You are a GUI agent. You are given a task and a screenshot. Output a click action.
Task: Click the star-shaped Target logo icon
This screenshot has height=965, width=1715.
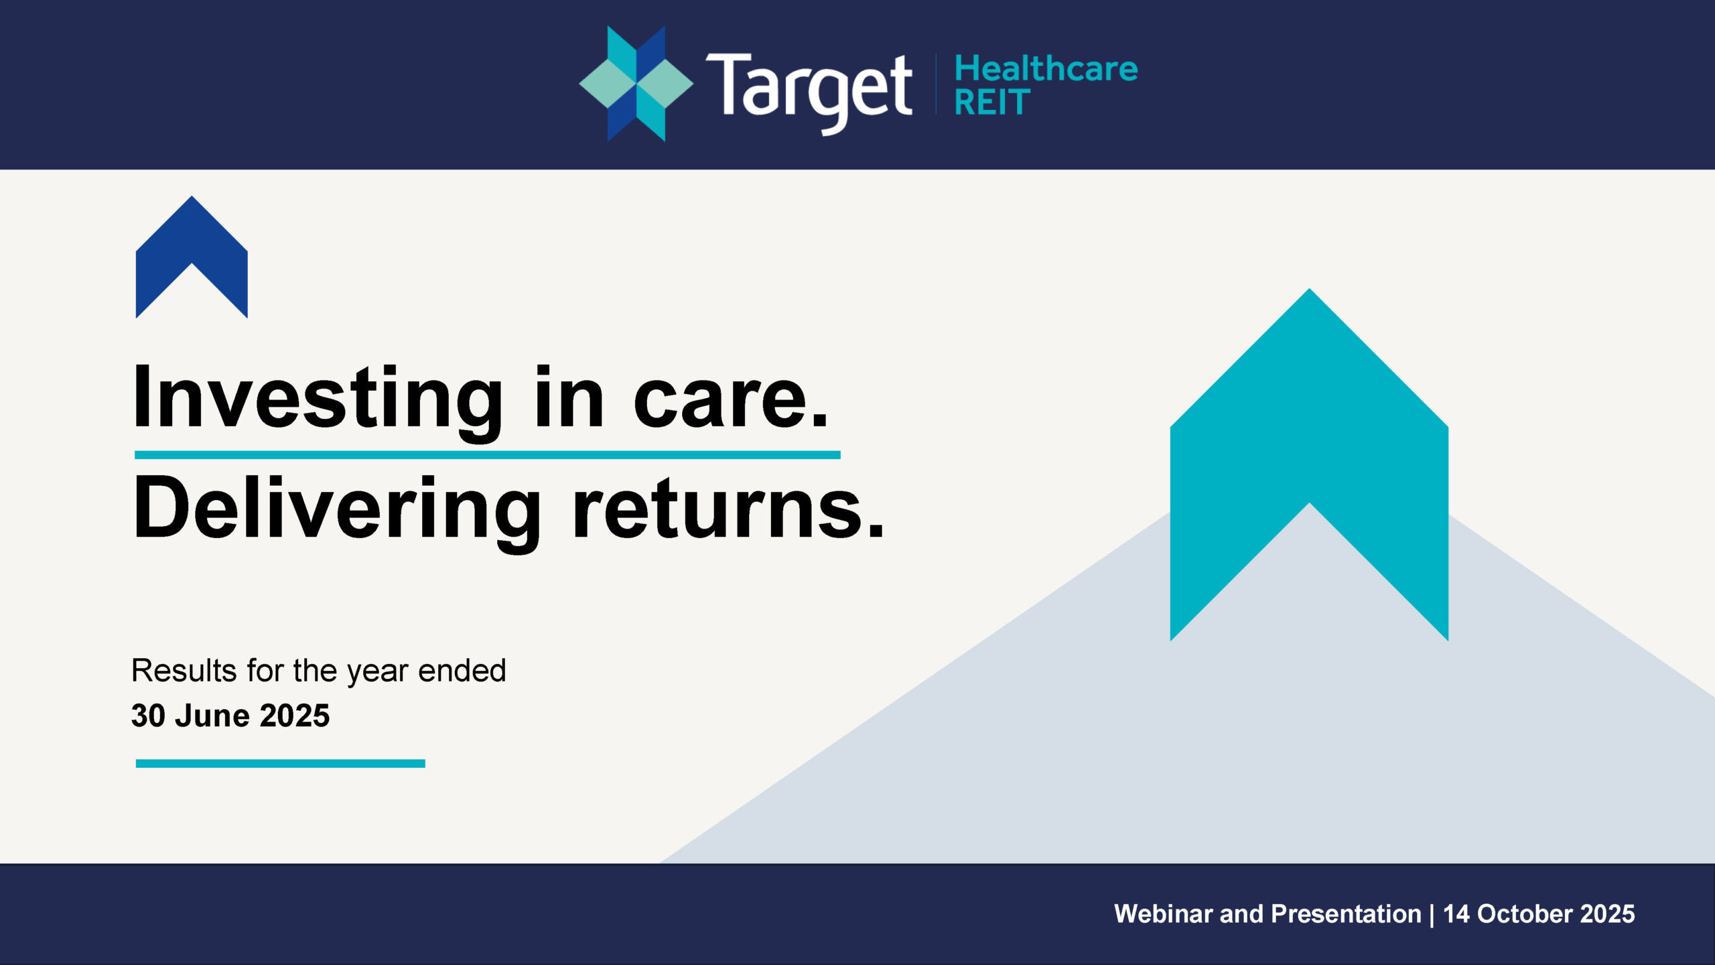click(x=636, y=84)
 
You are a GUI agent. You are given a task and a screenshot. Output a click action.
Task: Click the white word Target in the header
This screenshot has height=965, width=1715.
click(x=809, y=92)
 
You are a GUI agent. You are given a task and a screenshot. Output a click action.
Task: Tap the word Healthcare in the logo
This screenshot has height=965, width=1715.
click(x=1046, y=68)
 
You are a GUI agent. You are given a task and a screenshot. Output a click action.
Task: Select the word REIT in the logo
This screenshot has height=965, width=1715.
click(x=992, y=103)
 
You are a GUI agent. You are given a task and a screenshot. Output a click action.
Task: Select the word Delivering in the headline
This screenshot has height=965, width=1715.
click(x=337, y=509)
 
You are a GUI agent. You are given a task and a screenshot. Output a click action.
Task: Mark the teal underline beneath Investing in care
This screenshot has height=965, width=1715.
click(x=488, y=455)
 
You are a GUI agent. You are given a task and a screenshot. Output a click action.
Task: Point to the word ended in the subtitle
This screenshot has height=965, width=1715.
click(x=462, y=670)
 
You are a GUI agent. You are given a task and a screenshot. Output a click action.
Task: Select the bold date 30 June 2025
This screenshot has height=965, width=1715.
click(x=230, y=716)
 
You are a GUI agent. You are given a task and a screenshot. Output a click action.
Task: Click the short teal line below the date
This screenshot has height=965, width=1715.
click(x=281, y=763)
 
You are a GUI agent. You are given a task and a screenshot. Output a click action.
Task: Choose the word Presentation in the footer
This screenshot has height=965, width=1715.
click(x=1346, y=914)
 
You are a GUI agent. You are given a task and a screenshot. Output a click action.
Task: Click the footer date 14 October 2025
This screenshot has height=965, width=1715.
click(x=1539, y=914)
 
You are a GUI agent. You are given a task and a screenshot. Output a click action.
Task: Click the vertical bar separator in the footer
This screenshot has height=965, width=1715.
click(x=1432, y=915)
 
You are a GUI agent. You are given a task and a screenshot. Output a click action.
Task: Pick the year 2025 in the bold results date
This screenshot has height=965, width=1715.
click(x=295, y=716)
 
